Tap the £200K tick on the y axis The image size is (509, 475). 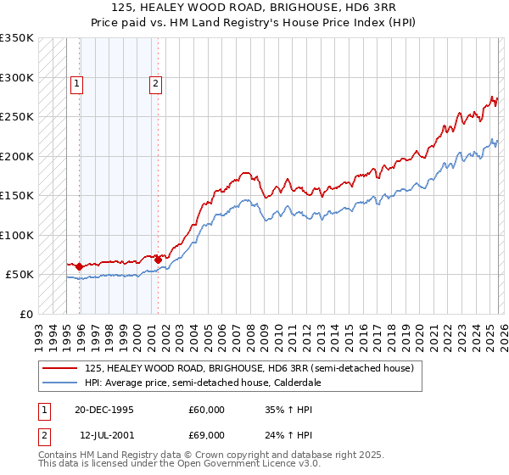coord(16,156)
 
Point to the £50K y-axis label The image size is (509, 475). coord(19,275)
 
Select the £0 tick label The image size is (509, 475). coord(25,314)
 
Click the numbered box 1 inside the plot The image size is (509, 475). coord(77,83)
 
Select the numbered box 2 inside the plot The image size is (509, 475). coord(156,83)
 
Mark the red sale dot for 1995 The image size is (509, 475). coord(79,266)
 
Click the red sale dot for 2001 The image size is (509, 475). coord(158,259)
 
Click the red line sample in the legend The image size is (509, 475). coord(59,368)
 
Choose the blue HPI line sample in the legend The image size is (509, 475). coord(59,383)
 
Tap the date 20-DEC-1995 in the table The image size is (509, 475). coord(103,410)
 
